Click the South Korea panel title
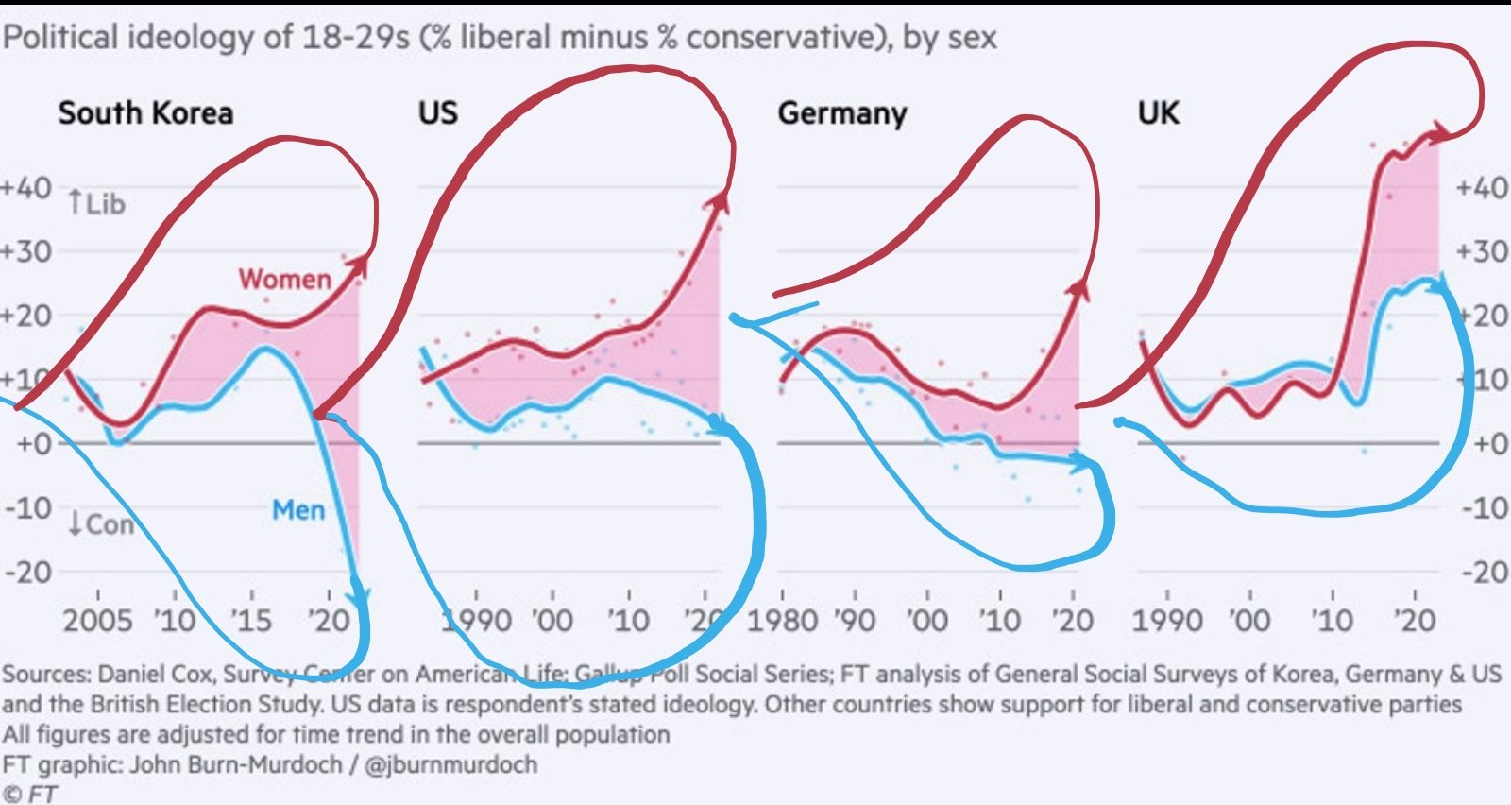coord(145,113)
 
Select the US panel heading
coord(438,113)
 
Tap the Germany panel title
coord(841,114)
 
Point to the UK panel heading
coord(1158,113)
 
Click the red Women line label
coord(284,280)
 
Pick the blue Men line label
coord(298,510)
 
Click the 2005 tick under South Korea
coord(97,621)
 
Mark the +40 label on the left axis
coord(26,187)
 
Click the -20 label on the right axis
coord(1485,572)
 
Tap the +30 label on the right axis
coord(1483,251)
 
